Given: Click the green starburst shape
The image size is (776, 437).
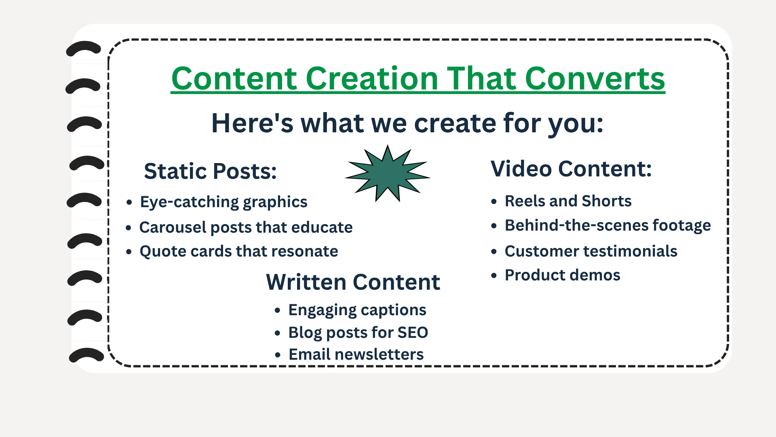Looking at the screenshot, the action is tap(388, 174).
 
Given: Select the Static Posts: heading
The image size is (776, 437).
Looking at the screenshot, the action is tap(210, 171).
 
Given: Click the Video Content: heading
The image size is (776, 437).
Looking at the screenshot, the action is tap(571, 168).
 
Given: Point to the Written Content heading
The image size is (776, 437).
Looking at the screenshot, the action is tap(353, 282).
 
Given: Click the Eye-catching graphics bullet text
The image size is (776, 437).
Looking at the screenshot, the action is tap(224, 202).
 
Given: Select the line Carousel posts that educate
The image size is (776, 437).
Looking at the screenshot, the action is tap(246, 227).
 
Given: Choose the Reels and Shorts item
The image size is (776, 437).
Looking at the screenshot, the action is tap(568, 201).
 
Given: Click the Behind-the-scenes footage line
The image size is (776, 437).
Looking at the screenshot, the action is tap(607, 225).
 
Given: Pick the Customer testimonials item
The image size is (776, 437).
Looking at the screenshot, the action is tap(591, 251).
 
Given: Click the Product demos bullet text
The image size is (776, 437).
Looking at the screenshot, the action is tap(562, 275).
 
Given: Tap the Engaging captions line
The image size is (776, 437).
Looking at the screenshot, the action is tap(357, 310).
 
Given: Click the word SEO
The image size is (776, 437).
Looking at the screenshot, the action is tap(413, 333).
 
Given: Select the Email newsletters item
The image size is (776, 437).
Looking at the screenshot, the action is tap(356, 354).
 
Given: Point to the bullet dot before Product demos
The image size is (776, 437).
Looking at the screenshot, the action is tap(494, 276).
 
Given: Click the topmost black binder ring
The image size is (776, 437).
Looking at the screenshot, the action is tap(84, 48).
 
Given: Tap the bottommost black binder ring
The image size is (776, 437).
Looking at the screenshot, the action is tap(86, 354).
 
